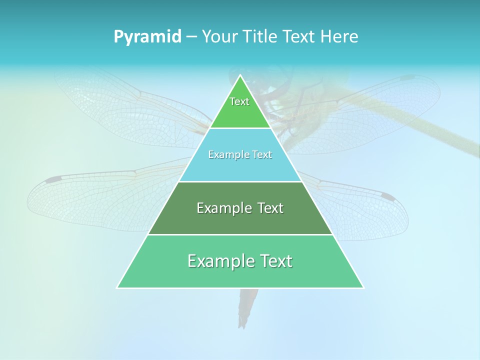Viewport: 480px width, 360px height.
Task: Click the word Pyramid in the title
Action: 147,37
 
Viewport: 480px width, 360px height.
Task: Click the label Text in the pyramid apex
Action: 239,101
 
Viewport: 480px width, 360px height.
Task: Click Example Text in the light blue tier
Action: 240,154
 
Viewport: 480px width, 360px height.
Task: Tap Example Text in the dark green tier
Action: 240,208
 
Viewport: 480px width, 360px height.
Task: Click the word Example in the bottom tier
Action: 215,261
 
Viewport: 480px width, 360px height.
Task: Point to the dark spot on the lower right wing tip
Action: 387,196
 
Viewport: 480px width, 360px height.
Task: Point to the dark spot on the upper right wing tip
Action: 407,78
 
